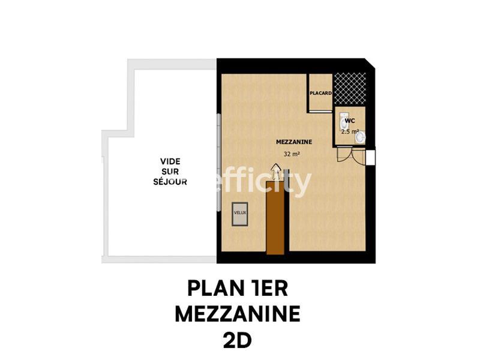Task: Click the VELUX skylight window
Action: [240, 214]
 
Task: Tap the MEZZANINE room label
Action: [293, 142]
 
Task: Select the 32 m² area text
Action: [292, 154]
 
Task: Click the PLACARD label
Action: [321, 94]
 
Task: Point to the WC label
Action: [350, 121]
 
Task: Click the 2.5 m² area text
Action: [350, 131]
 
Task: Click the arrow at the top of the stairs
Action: [276, 175]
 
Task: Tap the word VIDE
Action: [170, 161]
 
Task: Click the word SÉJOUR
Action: [170, 181]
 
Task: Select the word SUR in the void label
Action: [170, 171]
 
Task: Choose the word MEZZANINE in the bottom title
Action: [238, 314]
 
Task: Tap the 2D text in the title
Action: [238, 340]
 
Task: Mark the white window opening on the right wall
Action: [371, 157]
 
